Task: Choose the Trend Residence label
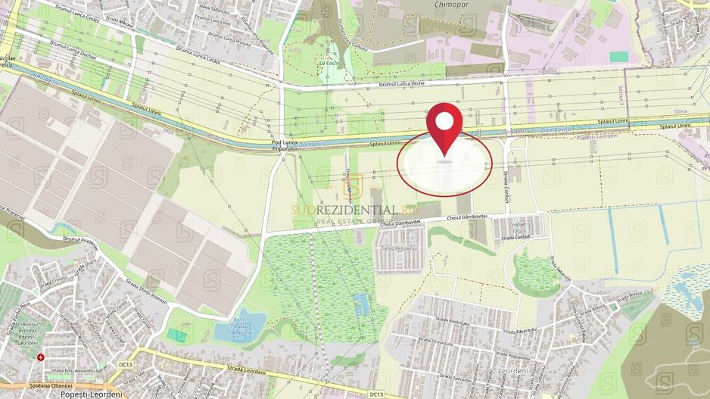coord(399,248)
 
